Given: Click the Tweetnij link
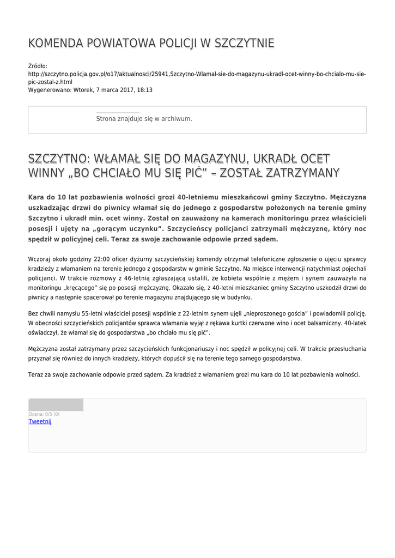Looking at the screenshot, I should pos(40,421).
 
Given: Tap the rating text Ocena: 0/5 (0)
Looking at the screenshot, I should pos(44,414).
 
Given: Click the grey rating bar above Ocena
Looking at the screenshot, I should pos(56,404).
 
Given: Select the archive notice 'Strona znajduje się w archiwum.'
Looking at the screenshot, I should pos(144,118).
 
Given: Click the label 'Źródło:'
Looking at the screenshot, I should pos(38,66).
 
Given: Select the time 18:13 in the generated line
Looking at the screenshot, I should pos(144,90).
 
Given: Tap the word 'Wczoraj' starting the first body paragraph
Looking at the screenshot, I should pos(39,259).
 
